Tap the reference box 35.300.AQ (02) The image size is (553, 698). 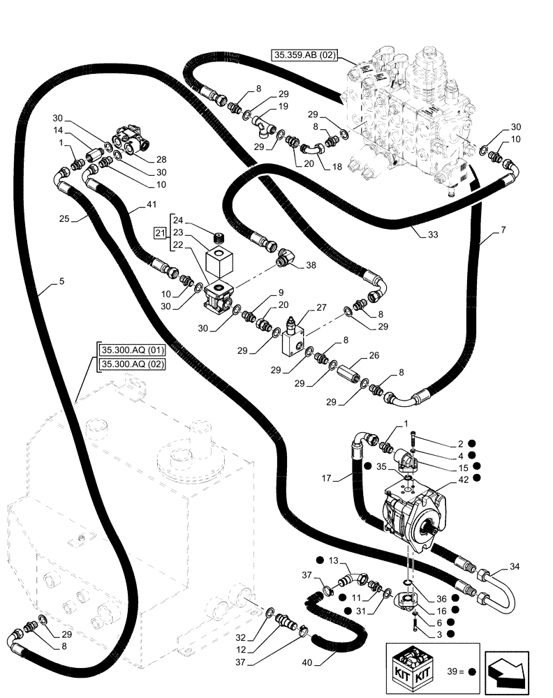pos(131,364)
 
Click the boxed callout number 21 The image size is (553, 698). pos(159,232)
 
